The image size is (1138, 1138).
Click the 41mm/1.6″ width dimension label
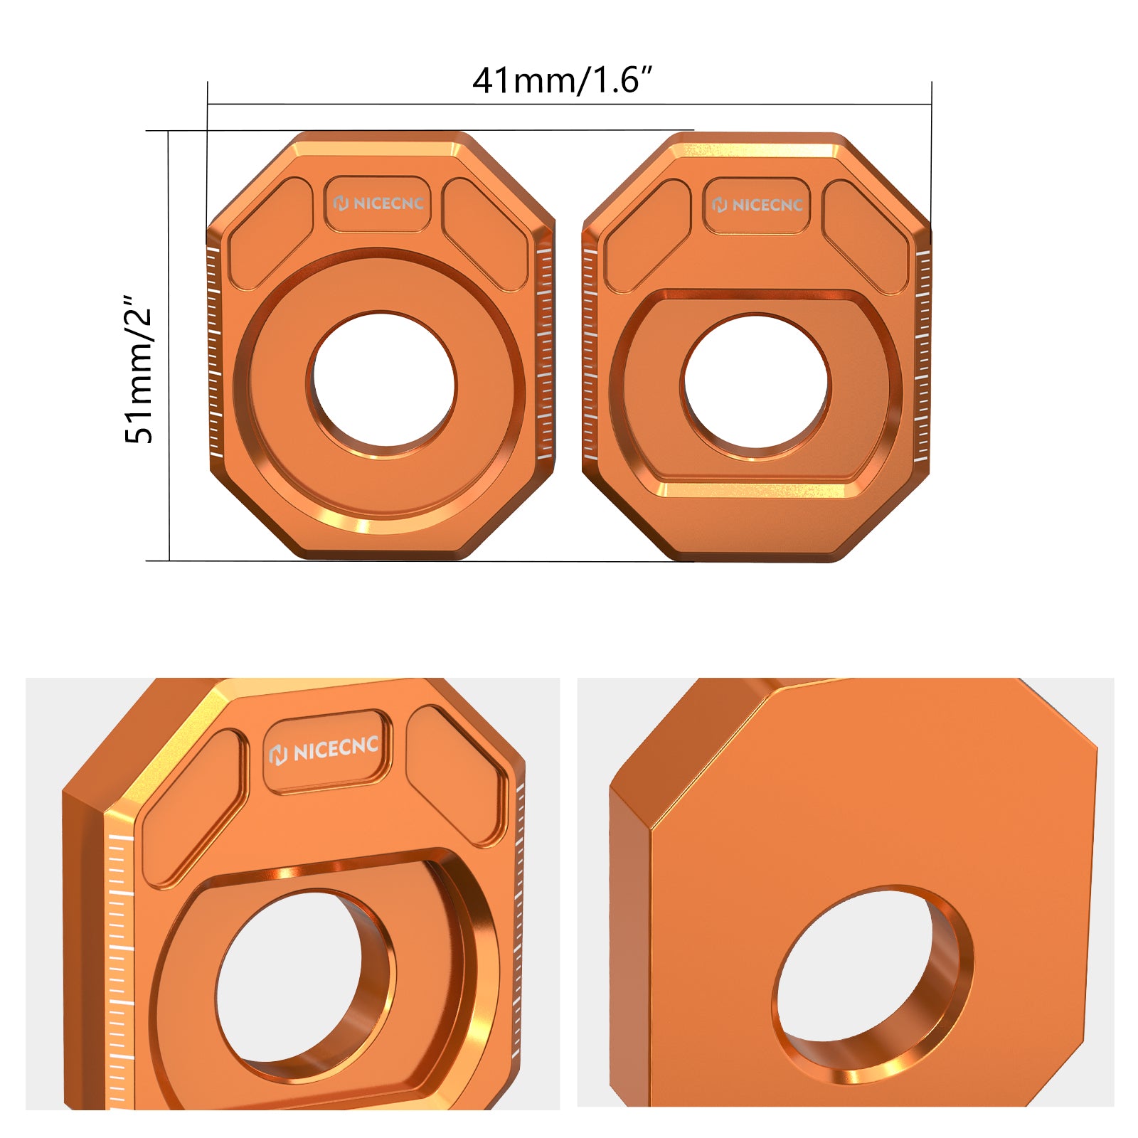(562, 80)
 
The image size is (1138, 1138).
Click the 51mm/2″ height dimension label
(139, 369)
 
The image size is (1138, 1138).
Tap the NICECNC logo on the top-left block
(378, 203)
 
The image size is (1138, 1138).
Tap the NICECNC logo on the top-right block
(757, 205)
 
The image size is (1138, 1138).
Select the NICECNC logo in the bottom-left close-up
(326, 750)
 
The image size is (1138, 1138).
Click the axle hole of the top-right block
(755, 383)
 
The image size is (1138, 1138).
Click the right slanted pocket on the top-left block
(485, 233)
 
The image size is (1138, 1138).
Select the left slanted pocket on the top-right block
(647, 235)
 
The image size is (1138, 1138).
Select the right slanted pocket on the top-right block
(865, 235)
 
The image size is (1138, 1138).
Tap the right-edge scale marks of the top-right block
(922, 356)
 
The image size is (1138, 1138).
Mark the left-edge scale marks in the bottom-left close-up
(119, 974)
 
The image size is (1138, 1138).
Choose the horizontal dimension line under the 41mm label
(569, 105)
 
